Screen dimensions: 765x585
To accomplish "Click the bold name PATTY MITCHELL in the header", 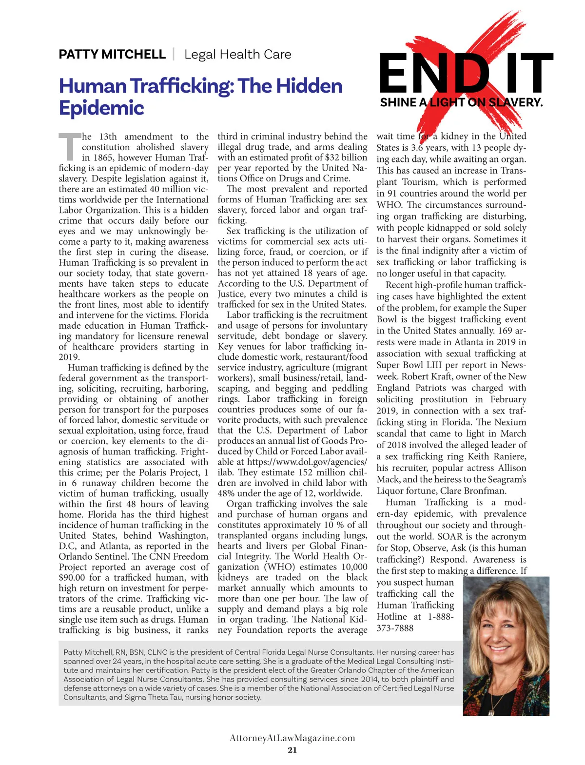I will pyautogui.click(x=112, y=54).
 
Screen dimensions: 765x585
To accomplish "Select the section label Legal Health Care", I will pyautogui.click(x=237, y=54).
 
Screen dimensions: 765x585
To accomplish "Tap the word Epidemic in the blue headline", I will pyautogui.click(x=101, y=108).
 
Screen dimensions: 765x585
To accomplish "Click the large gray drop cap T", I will pyautogui.click(x=69, y=147).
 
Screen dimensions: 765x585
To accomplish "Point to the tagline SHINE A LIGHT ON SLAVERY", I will pyautogui.click(x=461, y=102).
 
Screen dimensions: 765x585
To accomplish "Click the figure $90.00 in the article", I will pyautogui.click(x=73, y=578).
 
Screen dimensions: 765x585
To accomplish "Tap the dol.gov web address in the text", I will pyautogui.click(x=307, y=462).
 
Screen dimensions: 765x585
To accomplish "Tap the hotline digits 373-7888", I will pyautogui.click(x=395, y=628).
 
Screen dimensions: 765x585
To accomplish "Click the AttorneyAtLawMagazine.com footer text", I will pyautogui.click(x=292, y=738).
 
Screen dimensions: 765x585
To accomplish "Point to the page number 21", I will pyautogui.click(x=292, y=750).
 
